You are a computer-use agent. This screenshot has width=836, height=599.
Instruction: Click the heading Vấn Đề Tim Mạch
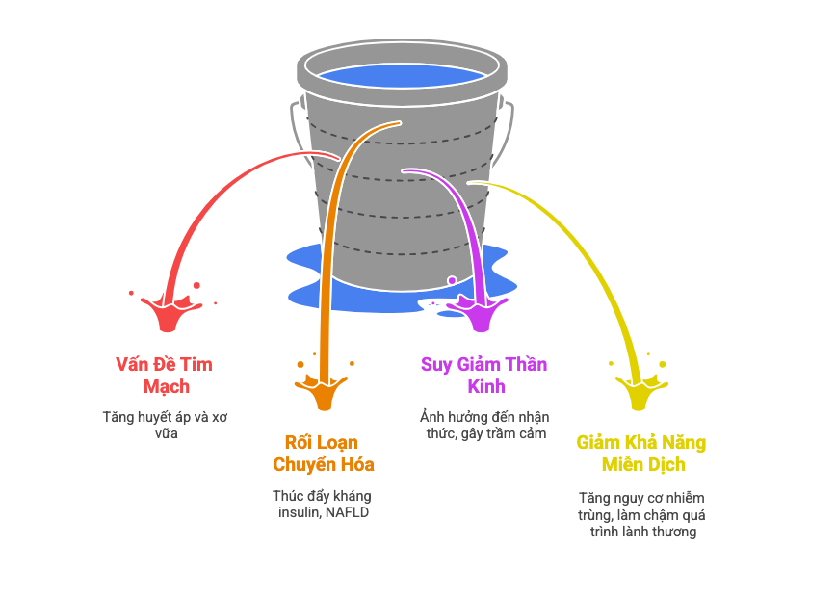pos(164,376)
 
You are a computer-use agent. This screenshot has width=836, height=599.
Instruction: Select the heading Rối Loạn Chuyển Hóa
pos(324,454)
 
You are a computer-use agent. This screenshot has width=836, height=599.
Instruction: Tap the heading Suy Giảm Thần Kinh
pos(483,376)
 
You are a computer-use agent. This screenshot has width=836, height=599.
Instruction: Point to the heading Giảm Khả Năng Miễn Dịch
pos(641,454)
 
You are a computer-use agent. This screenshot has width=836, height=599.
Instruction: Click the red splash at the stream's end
pos(171,313)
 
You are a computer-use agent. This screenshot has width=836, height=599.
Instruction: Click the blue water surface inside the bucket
pos(401,76)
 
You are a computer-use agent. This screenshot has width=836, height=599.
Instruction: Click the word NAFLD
pos(347,512)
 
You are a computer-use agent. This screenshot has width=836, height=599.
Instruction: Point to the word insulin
pos(298,512)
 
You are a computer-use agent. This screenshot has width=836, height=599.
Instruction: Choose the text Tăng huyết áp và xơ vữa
pos(165,426)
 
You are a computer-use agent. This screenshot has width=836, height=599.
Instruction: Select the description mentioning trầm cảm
pos(483,426)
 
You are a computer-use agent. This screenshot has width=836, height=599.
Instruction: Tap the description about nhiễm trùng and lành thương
pos(641,514)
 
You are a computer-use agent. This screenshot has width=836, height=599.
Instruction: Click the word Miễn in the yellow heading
pos(625,464)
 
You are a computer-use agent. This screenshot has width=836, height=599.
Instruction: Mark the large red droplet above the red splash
pos(196,285)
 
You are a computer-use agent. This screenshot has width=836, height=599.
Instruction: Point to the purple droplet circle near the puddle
pos(452,280)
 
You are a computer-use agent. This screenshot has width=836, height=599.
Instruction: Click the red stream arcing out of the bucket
pos(222,193)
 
